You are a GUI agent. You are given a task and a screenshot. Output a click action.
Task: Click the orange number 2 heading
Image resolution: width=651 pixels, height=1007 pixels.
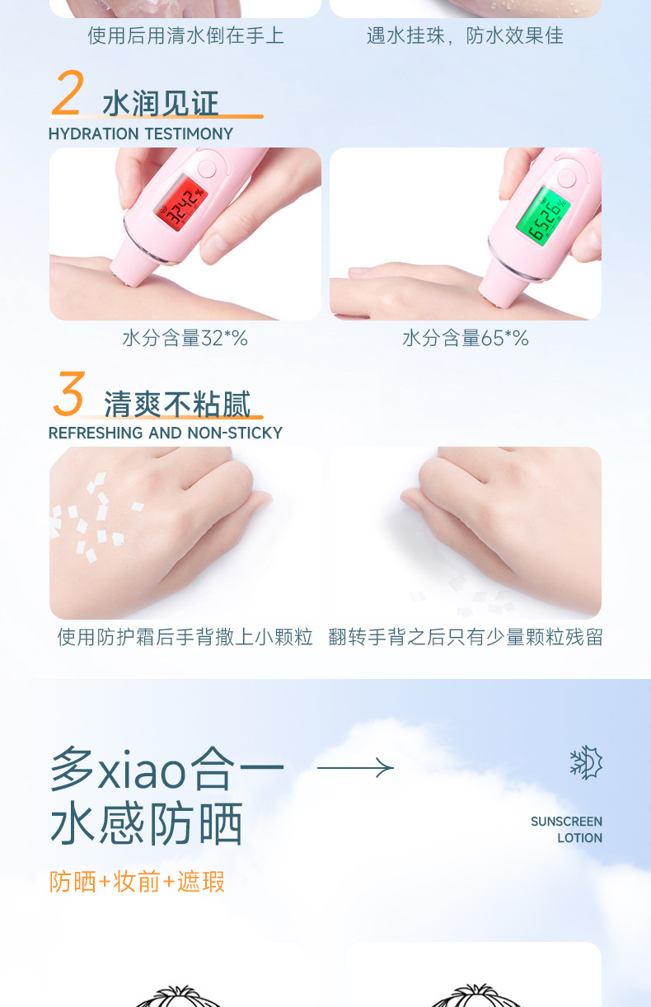[68, 94]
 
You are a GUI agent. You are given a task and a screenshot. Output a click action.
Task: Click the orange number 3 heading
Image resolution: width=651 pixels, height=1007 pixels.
[69, 394]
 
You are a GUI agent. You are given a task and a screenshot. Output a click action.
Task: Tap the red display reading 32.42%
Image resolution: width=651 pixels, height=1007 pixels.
[183, 206]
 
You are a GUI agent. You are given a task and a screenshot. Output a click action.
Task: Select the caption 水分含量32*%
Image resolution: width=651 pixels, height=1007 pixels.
[185, 338]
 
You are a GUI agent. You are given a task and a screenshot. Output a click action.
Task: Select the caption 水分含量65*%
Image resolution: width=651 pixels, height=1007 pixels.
[466, 338]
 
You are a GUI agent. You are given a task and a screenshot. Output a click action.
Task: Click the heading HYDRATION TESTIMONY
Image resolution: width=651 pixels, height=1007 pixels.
[141, 133]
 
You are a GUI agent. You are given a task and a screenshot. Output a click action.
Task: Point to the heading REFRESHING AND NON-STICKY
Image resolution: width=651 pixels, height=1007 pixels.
[165, 433]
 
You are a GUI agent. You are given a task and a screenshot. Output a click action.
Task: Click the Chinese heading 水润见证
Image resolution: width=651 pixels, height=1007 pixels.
[161, 105]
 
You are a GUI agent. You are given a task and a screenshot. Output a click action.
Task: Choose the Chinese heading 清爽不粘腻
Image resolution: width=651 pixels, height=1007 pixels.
[177, 404]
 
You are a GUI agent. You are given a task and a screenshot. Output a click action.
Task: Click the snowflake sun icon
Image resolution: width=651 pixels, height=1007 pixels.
[586, 762]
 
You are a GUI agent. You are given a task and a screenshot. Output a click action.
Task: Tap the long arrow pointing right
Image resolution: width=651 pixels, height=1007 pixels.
[355, 768]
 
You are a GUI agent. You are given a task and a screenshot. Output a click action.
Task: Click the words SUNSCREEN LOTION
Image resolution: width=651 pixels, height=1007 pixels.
[567, 830]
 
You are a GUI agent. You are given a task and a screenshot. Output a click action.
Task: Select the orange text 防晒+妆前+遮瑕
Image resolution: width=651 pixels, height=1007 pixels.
[137, 882]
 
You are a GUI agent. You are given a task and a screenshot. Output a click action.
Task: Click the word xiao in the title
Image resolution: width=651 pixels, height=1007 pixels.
[142, 771]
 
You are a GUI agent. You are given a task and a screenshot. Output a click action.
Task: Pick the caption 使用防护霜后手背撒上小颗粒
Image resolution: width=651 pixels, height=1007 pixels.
[185, 637]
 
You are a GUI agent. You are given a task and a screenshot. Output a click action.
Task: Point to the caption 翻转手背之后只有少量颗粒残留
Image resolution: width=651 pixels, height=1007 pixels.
[466, 637]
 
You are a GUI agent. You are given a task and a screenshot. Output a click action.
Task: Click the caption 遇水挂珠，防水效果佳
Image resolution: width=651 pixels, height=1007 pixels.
[466, 35]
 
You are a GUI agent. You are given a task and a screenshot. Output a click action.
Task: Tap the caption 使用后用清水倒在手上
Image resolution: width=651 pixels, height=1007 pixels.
[185, 35]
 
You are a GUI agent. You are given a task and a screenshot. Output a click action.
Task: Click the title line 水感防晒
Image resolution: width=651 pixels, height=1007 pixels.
[147, 824]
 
